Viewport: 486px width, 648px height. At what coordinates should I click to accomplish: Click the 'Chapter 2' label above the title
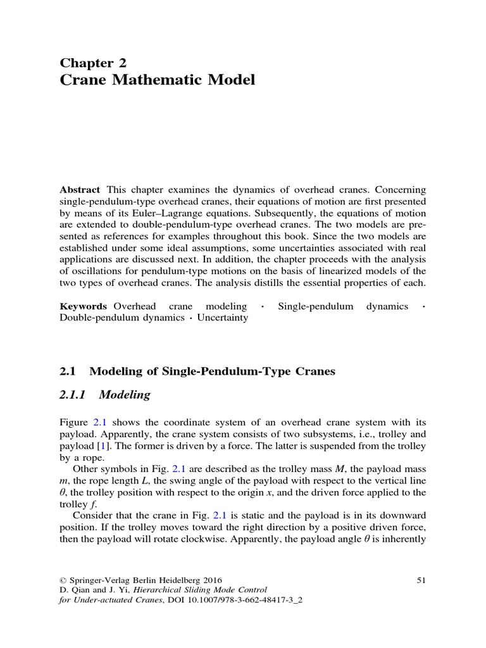point(93,62)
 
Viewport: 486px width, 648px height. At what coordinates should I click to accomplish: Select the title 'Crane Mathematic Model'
point(157,81)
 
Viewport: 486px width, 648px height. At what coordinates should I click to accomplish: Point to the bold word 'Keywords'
point(84,306)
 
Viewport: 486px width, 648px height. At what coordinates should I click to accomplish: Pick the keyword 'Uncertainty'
point(223,318)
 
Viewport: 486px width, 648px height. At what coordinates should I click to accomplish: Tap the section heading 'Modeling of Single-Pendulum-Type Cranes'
point(212,371)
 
